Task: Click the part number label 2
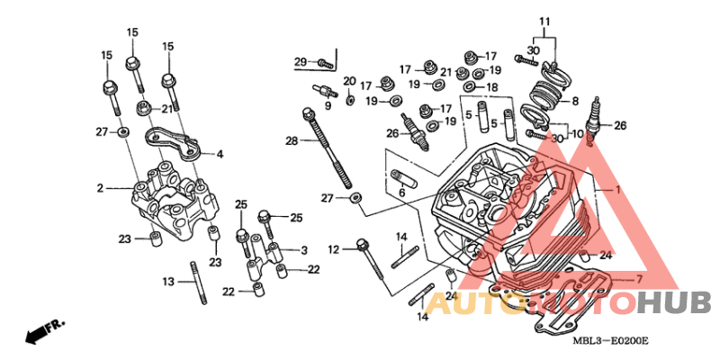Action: [99, 188]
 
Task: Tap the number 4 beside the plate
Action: [220, 154]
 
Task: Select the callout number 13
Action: [168, 282]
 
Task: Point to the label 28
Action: [292, 141]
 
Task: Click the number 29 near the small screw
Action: [301, 61]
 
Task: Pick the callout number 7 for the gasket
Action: [639, 279]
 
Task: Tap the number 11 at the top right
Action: [544, 21]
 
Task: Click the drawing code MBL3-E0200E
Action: [610, 341]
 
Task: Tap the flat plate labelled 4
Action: [174, 145]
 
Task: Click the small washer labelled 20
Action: [350, 100]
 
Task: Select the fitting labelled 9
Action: [325, 91]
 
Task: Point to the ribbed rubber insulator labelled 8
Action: [545, 95]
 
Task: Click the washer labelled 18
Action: [470, 86]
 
